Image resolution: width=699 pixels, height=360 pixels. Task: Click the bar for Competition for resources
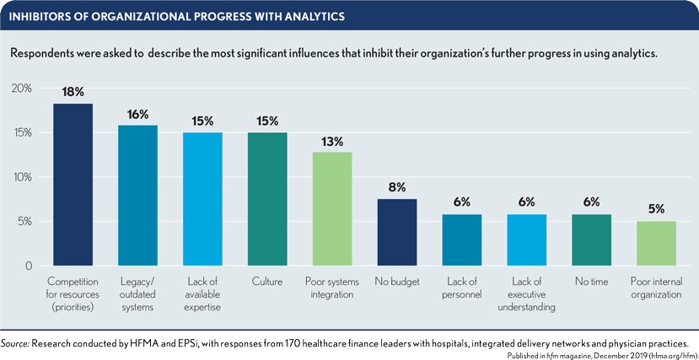pyautogui.click(x=73, y=185)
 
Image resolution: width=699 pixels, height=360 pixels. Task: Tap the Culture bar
pyautogui.click(x=267, y=199)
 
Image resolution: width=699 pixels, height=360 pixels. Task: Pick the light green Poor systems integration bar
pyautogui.click(x=332, y=209)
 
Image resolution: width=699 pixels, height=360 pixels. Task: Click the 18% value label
pyautogui.click(x=73, y=93)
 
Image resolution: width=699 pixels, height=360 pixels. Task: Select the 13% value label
pyautogui.click(x=332, y=142)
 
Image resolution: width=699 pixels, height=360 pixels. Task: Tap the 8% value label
pyautogui.click(x=397, y=187)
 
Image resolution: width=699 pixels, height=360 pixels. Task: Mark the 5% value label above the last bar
pyautogui.click(x=656, y=209)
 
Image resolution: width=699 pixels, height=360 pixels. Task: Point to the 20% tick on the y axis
pyautogui.click(x=22, y=89)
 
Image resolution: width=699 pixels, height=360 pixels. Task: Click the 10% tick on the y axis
pyautogui.click(x=22, y=177)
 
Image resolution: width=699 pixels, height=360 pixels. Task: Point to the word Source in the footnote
pyautogui.click(x=18, y=344)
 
